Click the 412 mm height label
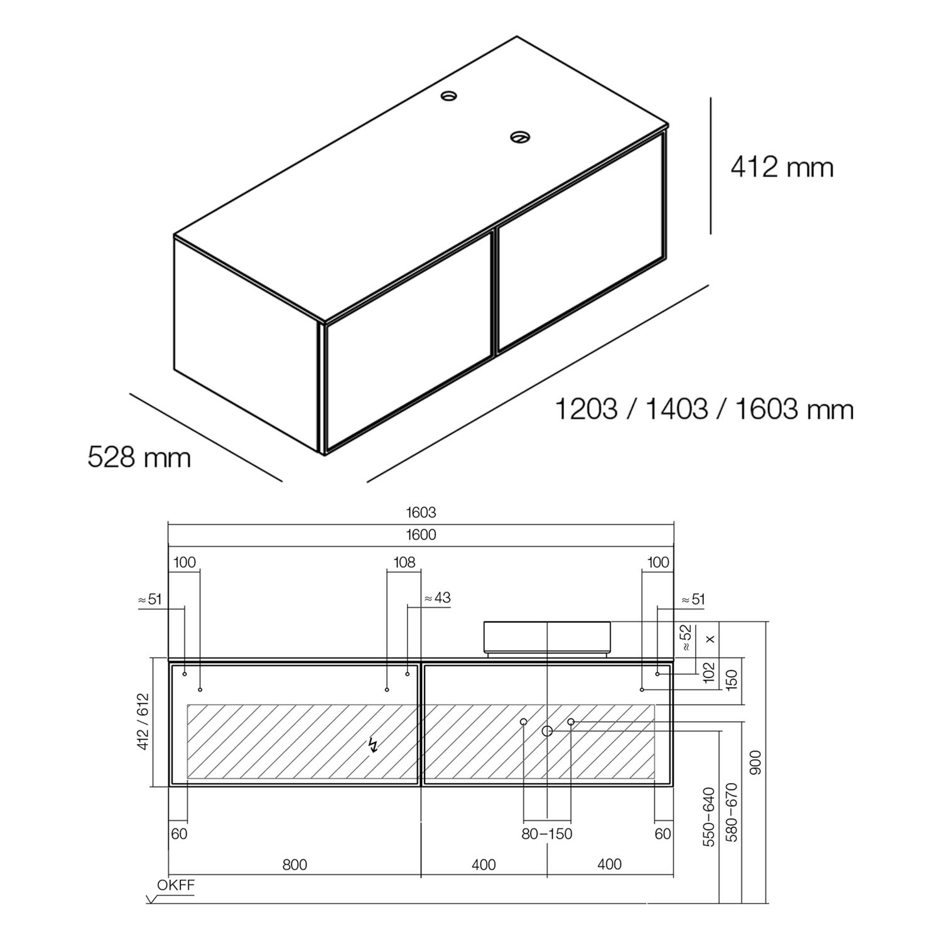(x=782, y=167)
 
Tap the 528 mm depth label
(x=139, y=457)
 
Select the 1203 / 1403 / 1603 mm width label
(x=704, y=409)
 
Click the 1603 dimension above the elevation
(x=421, y=512)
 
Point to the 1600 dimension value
(x=421, y=535)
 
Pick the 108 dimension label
(x=404, y=562)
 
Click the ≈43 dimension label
(x=437, y=597)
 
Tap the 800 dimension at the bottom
(x=295, y=865)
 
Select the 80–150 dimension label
(x=547, y=834)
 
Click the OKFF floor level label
(x=176, y=885)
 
